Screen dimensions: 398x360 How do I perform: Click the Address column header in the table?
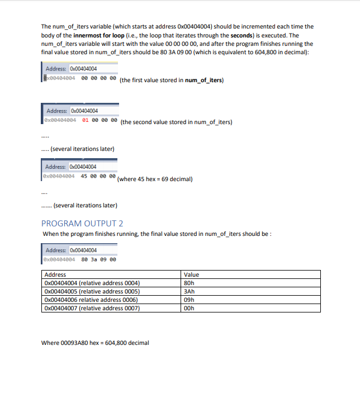[x=55, y=274]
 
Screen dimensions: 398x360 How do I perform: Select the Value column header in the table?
[x=191, y=274]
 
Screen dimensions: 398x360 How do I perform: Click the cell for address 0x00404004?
[x=91, y=283]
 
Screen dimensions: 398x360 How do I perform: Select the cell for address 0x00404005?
[x=91, y=291]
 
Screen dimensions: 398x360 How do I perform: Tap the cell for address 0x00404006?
[x=91, y=300]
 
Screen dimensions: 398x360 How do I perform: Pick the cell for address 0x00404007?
[x=91, y=308]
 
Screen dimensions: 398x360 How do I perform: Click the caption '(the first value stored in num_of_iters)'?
[x=171, y=80]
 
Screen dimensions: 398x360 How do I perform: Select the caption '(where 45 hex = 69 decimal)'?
[x=155, y=179]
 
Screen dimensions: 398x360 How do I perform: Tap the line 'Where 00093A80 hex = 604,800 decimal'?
[x=95, y=343]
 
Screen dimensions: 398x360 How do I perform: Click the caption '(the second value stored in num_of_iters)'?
[x=176, y=122]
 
